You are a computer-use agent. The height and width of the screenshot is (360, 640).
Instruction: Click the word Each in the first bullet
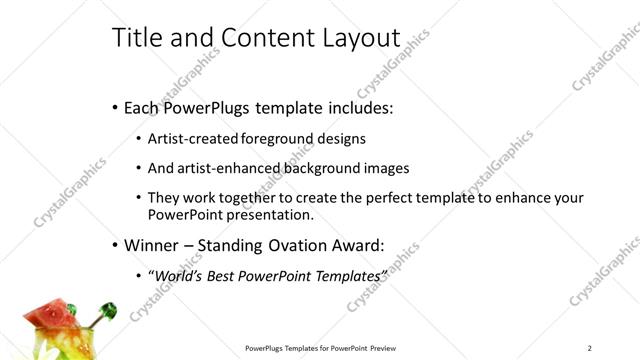[x=143, y=106]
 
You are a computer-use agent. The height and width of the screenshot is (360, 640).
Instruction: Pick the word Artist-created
[x=191, y=139]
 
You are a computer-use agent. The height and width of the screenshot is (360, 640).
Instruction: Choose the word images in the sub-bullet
[x=386, y=169]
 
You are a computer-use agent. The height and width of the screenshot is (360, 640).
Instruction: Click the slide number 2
[x=590, y=348]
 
